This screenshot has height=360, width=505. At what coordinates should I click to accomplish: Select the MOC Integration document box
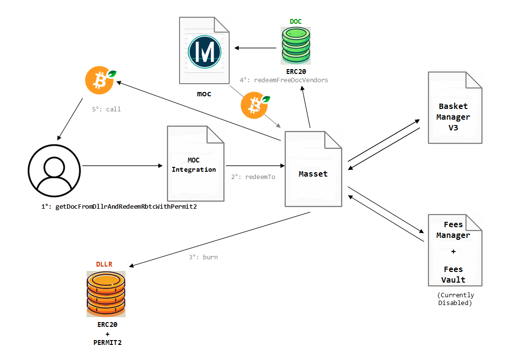point(196,163)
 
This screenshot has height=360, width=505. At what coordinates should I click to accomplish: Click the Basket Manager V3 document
point(454,108)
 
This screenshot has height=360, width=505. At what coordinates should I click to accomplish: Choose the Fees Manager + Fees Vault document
point(454,250)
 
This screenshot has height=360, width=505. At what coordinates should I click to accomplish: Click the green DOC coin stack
point(295,46)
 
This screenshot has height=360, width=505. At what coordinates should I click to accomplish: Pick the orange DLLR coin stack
point(106,294)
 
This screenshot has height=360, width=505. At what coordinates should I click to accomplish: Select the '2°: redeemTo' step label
point(253,177)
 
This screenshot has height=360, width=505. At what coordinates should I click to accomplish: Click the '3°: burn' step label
point(203,257)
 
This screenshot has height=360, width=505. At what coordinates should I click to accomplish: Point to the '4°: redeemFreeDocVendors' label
point(284,80)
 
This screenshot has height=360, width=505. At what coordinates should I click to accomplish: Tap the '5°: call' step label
point(106,109)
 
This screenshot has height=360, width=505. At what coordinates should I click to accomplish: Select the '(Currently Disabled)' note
point(455,299)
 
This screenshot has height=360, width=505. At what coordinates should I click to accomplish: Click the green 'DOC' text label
point(296,21)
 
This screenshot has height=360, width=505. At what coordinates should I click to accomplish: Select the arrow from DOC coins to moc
point(258,48)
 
